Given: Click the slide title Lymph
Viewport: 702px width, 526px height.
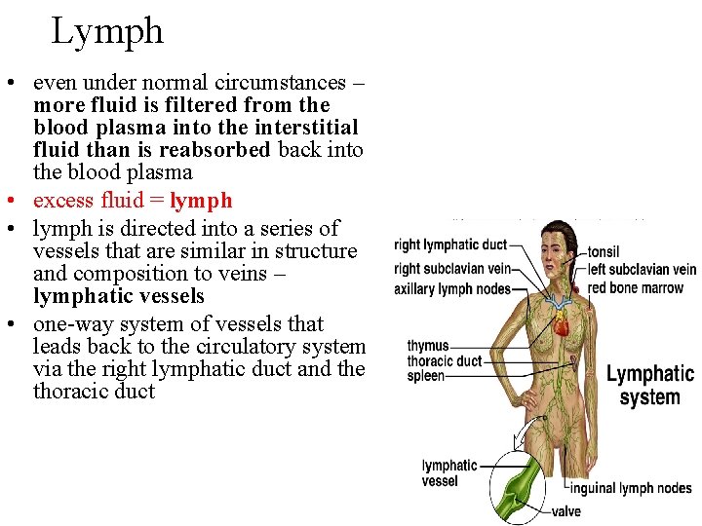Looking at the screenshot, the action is [107, 31].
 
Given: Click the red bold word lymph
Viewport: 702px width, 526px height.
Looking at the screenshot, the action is [201, 201].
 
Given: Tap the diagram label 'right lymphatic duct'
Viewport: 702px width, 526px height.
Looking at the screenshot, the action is [450, 245].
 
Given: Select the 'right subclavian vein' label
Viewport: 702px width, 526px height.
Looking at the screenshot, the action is [452, 268].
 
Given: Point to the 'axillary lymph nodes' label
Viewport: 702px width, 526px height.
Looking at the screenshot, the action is [452, 289].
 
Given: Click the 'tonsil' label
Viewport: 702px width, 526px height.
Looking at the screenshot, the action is [604, 252].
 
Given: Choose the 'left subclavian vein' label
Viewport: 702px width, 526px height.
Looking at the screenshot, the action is [642, 270].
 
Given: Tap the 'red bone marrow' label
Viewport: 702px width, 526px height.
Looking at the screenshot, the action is [636, 288].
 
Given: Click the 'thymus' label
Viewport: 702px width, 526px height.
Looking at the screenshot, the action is [428, 346].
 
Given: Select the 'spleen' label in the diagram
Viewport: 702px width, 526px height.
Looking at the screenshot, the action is [426, 376].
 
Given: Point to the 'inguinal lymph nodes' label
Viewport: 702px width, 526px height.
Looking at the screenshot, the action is [631, 489].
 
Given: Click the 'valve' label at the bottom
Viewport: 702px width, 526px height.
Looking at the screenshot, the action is [566, 511].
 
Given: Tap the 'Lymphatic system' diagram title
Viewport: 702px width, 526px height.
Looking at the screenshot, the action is [649, 386].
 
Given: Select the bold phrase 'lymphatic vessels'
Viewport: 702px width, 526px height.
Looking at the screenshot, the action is [119, 296].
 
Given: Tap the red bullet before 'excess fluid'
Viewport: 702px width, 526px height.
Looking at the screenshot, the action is [19, 201].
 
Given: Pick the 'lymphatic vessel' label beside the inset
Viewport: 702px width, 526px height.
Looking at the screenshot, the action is [449, 473].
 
